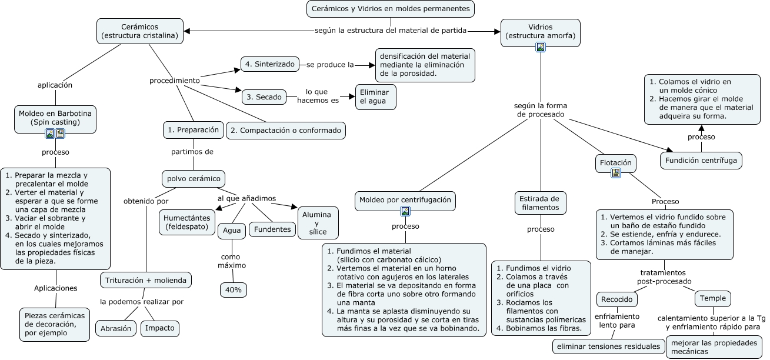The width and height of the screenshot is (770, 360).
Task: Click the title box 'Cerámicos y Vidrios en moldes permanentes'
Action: (x=391, y=9)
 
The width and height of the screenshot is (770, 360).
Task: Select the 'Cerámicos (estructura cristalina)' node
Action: (x=139, y=31)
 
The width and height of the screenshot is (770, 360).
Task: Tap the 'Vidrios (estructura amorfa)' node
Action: (x=540, y=31)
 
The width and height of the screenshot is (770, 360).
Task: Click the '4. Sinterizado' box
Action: (x=270, y=64)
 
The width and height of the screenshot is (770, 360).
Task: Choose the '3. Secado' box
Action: (x=264, y=96)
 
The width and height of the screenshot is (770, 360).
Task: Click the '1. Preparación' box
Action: (x=193, y=129)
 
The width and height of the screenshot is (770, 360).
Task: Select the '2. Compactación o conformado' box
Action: (x=286, y=130)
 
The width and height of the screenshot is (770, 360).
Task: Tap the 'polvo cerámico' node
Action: (x=194, y=178)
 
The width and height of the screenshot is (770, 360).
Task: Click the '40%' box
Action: (x=234, y=290)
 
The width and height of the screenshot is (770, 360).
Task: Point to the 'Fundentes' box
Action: (x=272, y=229)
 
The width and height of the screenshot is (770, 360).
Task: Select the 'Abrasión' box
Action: (x=116, y=328)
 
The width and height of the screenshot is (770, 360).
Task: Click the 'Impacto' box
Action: (x=160, y=328)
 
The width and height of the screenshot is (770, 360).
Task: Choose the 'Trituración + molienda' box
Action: (x=146, y=280)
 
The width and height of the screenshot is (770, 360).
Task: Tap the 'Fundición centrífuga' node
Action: (x=701, y=160)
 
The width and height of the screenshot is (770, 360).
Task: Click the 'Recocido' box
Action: (x=617, y=299)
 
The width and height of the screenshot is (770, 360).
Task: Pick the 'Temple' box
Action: (x=714, y=298)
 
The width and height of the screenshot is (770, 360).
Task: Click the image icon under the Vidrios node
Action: (x=540, y=48)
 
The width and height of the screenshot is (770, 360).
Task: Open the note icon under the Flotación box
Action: (x=616, y=173)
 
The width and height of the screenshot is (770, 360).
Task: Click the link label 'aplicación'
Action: (x=55, y=85)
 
